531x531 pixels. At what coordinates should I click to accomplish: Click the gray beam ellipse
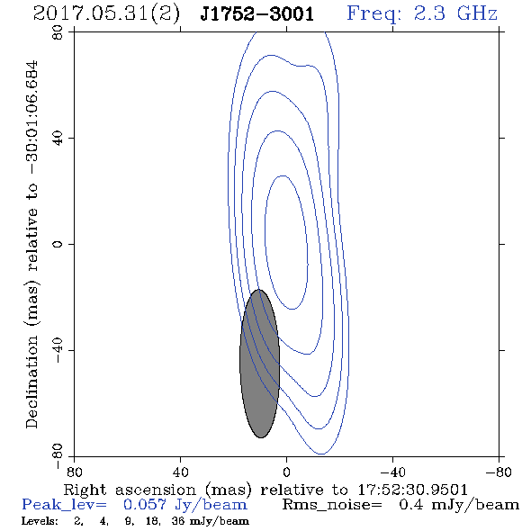tap(260, 364)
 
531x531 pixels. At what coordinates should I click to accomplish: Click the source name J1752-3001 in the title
tap(257, 13)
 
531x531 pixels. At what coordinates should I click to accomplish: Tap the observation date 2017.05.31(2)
tap(106, 13)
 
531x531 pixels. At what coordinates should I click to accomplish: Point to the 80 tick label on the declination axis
tap(58, 32)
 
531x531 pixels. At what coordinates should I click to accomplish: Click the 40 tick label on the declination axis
tap(58, 139)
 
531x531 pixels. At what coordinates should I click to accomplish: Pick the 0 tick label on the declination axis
tap(58, 244)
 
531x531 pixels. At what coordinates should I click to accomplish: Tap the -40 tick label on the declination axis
tap(58, 350)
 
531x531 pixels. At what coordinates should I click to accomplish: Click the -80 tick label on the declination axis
tap(58, 456)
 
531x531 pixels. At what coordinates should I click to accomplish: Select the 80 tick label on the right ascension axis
tap(74, 472)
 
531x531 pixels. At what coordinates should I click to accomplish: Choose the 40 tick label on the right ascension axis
tap(180, 472)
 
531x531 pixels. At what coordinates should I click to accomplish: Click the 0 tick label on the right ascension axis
tap(286, 472)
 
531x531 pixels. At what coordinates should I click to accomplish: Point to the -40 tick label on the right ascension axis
tap(392, 472)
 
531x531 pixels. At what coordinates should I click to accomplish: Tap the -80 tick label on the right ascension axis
tap(499, 472)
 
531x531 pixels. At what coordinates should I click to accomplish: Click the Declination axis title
tap(31, 245)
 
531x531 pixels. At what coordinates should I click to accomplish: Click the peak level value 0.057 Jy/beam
tap(184, 505)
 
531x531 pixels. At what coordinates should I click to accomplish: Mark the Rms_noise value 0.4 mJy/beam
tap(459, 505)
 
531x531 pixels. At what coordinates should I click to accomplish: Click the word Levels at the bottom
tap(40, 521)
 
